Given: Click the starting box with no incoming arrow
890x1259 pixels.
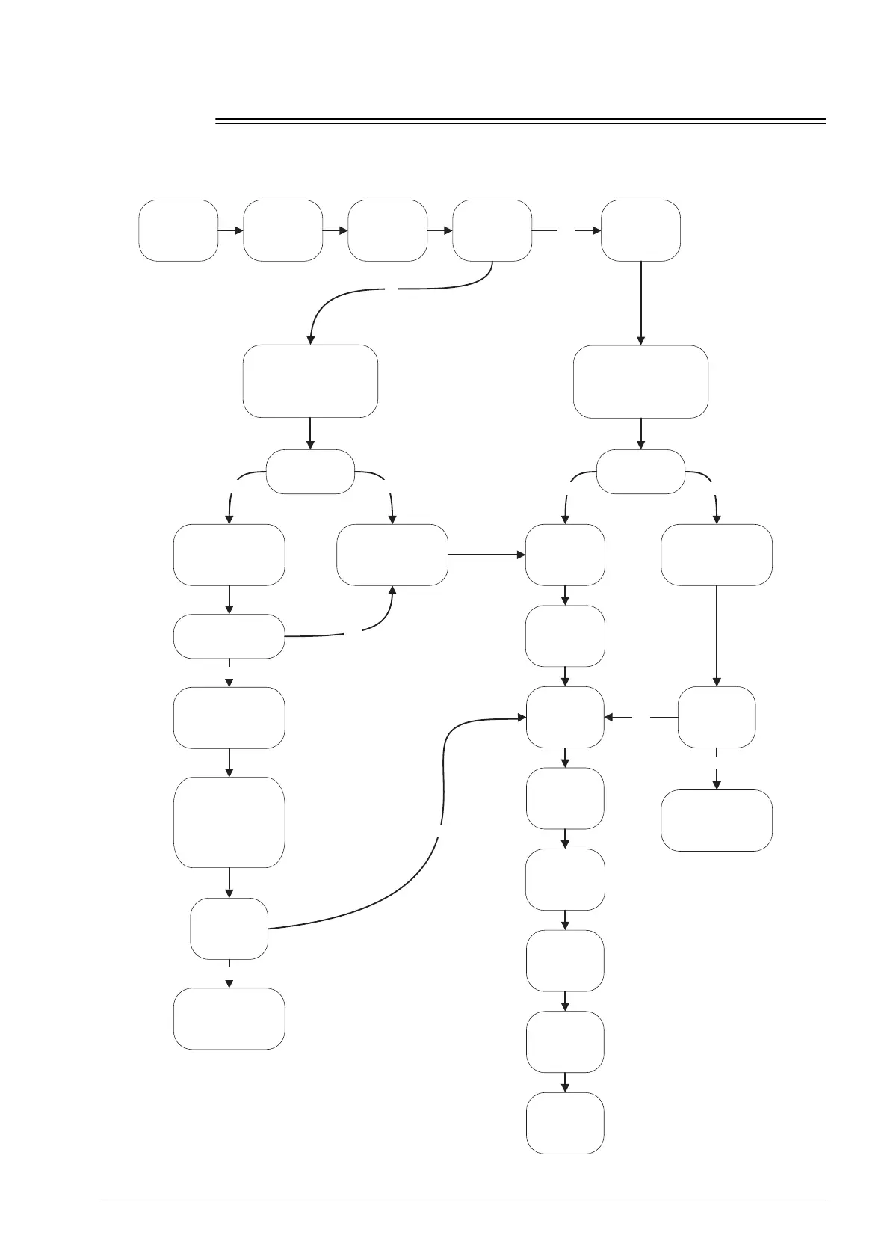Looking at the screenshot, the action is pyautogui.click(x=178, y=230).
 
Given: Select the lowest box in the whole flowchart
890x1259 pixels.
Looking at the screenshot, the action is pyautogui.click(x=565, y=1123).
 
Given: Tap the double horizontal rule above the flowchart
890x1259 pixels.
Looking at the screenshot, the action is pyautogui.click(x=520, y=120).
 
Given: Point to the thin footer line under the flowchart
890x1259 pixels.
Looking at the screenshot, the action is pyautogui.click(x=463, y=1201).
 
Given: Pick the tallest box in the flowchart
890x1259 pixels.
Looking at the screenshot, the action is pyautogui.click(x=229, y=822).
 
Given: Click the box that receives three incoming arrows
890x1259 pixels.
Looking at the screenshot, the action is pyautogui.click(x=565, y=717).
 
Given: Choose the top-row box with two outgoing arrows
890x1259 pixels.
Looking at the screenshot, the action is pyautogui.click(x=492, y=230).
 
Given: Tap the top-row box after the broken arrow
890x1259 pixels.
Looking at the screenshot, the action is pyautogui.click(x=640, y=230).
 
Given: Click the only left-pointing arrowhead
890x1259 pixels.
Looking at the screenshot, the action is pyautogui.click(x=609, y=717).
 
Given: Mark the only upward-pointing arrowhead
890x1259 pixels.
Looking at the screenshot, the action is pyautogui.click(x=392, y=591).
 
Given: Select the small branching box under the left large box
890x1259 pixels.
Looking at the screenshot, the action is pyautogui.click(x=310, y=472).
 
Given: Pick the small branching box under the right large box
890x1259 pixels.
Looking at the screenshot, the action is pyautogui.click(x=640, y=472).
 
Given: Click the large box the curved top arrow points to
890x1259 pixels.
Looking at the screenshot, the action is pyautogui.click(x=310, y=381).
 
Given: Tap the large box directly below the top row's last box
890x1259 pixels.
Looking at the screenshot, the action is pyautogui.click(x=640, y=381).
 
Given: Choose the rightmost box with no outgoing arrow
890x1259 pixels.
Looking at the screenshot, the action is pyautogui.click(x=717, y=820).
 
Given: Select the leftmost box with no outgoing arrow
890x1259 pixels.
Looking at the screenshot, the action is pyautogui.click(x=229, y=1018).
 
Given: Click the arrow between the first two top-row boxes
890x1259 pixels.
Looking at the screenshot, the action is pyautogui.click(x=231, y=230).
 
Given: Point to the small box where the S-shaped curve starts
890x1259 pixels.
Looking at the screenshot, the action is pyautogui.click(x=229, y=929).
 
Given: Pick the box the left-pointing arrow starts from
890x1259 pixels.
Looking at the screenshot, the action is pyautogui.click(x=717, y=717).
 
